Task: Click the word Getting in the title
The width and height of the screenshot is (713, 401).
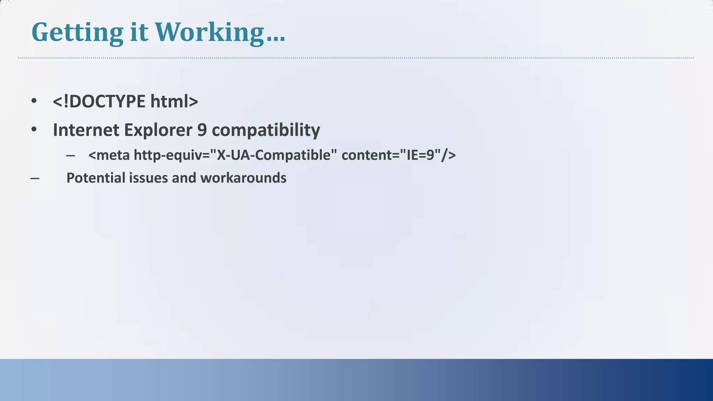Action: [x=77, y=32]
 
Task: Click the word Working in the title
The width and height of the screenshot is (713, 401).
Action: [x=209, y=32]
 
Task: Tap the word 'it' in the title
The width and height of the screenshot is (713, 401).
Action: [x=139, y=32]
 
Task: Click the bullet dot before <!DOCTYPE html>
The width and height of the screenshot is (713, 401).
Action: [x=34, y=101]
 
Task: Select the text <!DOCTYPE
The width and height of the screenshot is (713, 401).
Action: [x=99, y=101]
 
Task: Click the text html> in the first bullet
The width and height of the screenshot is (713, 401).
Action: [x=174, y=101]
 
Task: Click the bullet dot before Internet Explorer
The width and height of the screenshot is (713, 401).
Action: [x=34, y=130]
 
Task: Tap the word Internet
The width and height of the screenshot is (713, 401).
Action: [x=86, y=130]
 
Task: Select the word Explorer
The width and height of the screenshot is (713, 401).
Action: [x=158, y=130]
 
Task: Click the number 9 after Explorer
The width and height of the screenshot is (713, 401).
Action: [x=202, y=130]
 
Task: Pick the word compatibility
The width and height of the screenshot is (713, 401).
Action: [x=266, y=130]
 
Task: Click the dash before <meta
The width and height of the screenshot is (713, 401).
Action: [x=70, y=156]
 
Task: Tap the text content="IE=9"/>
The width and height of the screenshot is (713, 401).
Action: [x=399, y=155]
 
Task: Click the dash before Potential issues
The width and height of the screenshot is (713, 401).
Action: [x=35, y=179]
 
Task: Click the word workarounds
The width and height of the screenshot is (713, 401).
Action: [x=243, y=178]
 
